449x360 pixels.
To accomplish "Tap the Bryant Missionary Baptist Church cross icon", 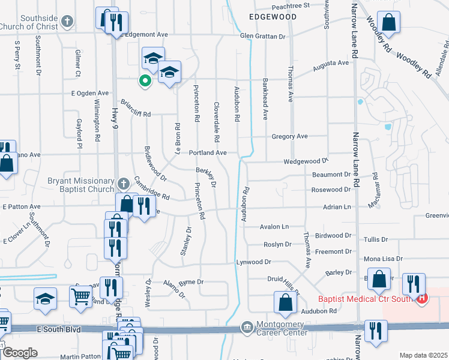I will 122,183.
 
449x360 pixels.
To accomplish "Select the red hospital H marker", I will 422,298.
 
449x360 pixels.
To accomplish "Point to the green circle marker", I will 144,80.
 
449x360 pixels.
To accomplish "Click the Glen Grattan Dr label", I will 262,37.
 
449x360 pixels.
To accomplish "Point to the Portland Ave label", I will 208,153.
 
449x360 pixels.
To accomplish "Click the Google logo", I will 20,353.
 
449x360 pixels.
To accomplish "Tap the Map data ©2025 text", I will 424,355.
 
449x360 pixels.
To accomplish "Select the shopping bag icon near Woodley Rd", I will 389,24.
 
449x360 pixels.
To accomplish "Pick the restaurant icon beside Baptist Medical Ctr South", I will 414,284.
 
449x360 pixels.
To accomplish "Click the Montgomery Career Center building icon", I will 246,327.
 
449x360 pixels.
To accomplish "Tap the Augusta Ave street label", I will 330,63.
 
